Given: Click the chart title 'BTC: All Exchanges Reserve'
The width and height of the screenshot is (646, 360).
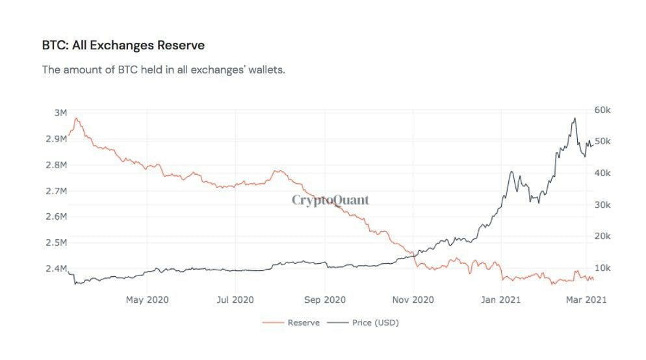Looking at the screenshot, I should tap(123, 45).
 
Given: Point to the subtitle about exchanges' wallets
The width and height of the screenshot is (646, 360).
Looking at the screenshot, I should tap(163, 69).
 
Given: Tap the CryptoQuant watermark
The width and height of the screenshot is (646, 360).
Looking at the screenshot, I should tap(330, 199).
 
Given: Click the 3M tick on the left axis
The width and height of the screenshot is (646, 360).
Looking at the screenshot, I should tap(60, 112).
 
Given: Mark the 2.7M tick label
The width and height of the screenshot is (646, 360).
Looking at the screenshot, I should tap(57, 191).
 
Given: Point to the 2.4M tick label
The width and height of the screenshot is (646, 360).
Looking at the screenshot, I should tap(57, 269).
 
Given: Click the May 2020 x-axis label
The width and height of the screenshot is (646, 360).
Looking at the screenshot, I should tap(147, 300).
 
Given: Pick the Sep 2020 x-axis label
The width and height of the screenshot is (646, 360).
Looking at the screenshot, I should tap(324, 300).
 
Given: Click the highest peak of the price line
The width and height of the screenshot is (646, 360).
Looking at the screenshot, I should tap(575, 118).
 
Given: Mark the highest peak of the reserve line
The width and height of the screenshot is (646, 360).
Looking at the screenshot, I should tap(77, 118).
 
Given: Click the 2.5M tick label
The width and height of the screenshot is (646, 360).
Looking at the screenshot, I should tap(57, 243).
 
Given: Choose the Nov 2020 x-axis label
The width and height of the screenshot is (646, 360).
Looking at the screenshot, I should tap(414, 300).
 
